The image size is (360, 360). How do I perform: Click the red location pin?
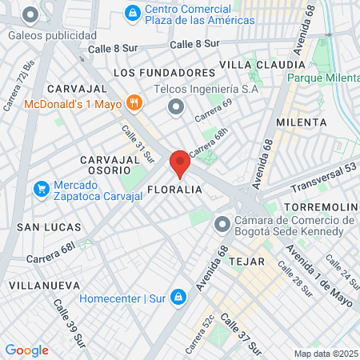coord(180,163)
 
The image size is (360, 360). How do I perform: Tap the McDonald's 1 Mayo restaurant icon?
coord(134,103)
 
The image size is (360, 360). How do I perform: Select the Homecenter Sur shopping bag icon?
coord(179,298)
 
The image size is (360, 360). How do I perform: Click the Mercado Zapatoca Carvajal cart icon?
coord(41,190)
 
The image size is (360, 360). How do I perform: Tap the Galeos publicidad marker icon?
coord(31,15)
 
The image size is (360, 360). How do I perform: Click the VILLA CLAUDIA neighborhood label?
coord(262,64)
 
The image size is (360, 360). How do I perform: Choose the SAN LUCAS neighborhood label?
coord(46,227)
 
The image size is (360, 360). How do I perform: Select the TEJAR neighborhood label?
coord(246,261)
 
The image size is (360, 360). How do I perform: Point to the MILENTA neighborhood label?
coord(301,122)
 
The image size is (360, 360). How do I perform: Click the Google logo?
coord(26,350)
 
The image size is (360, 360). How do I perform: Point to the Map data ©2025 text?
coord(324,354)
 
